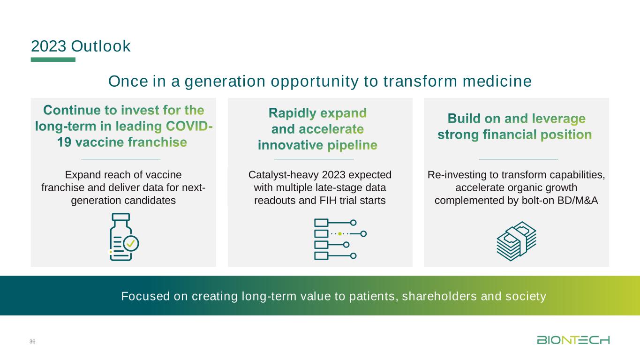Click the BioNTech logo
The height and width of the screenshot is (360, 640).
click(573, 340)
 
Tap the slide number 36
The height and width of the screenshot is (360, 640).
click(32, 341)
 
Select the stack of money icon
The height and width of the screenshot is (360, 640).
click(516, 241)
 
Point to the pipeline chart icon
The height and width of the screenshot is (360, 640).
click(340, 239)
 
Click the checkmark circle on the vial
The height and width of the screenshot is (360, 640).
click(131, 243)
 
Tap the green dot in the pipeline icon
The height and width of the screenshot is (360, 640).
click(340, 234)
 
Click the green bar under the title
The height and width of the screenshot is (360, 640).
click(53, 60)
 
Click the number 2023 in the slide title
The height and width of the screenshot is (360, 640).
click(49, 46)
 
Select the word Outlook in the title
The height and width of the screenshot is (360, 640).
click(100, 46)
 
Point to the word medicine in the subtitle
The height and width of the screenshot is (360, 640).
click(497, 81)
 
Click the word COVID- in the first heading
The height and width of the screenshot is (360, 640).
click(189, 126)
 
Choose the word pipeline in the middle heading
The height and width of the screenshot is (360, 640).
click(352, 145)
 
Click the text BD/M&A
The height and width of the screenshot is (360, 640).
click(578, 200)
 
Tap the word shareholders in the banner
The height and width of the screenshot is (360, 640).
click(439, 296)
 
